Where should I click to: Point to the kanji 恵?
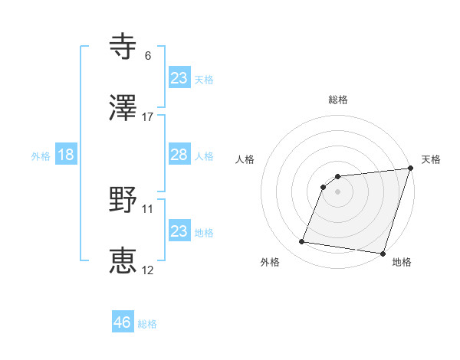coord(123,260)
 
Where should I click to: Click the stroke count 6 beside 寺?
coord(148,56)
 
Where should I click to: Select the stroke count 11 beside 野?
coord(148,208)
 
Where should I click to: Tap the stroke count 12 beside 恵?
coord(148,270)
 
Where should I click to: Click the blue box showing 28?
coord(179,155)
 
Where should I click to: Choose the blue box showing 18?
coord(66,155)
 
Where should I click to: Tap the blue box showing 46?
coord(123,322)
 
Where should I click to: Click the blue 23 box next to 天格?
coord(179,78)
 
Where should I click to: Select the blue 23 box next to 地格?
coord(179,231)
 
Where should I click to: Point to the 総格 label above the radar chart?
coord(338,100)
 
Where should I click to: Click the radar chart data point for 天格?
coord(410,169)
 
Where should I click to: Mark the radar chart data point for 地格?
coord(383,253)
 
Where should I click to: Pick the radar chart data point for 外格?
coord(302,242)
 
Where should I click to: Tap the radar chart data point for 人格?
coord(324,186)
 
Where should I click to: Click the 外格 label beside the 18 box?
coord(41,155)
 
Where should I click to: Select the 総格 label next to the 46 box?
coord(147,324)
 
